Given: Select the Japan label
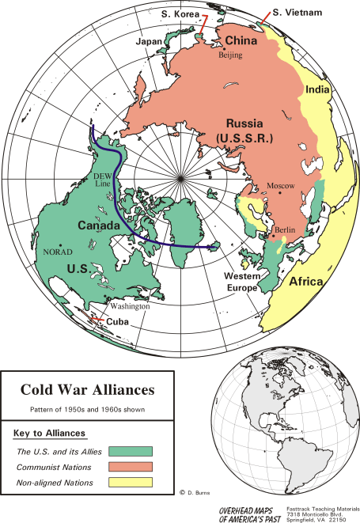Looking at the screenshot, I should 150,41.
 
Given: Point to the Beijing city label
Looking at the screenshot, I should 230,56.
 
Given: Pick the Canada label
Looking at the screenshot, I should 99,226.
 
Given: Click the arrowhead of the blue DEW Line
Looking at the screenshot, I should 214,248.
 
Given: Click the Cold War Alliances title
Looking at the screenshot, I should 87,390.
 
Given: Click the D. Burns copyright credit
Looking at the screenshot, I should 191,491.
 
